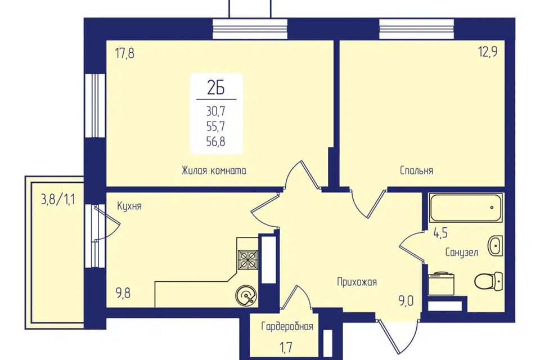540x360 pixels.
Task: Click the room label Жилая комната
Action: [x=214, y=170]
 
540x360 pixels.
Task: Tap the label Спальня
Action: [x=416, y=170]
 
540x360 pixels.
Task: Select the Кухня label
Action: [x=129, y=206]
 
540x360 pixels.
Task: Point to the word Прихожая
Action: [x=357, y=282]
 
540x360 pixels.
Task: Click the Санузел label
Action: [x=461, y=252]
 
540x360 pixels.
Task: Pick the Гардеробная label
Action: [x=287, y=326]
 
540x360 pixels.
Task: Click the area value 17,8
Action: [x=124, y=54]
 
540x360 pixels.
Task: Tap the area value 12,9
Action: [x=488, y=53]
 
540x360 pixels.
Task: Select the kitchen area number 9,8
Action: [x=123, y=295]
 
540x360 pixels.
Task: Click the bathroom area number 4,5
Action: [x=440, y=233]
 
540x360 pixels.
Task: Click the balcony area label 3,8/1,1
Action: [x=58, y=200]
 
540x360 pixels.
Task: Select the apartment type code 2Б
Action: [x=216, y=88]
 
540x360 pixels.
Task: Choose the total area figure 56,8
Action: [x=216, y=141]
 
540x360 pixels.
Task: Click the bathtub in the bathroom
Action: [x=466, y=208]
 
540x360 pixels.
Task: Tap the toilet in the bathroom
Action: [x=489, y=280]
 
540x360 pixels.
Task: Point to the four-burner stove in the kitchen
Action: [x=247, y=259]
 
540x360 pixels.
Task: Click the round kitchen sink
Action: [x=246, y=296]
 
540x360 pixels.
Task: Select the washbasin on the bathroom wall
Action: [x=495, y=246]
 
